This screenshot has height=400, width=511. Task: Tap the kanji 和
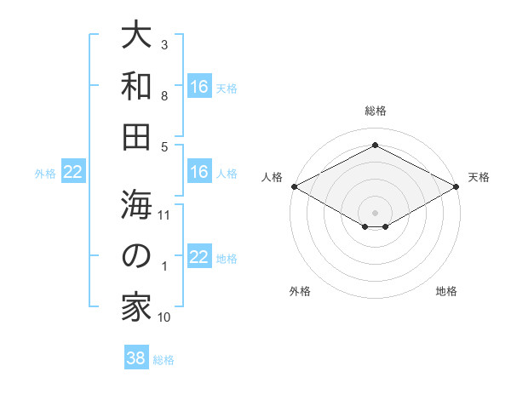coord(136,85)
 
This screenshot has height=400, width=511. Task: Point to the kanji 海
coord(136,205)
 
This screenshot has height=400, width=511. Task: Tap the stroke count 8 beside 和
coord(164,97)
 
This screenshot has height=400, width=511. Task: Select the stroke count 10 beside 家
coord(164,317)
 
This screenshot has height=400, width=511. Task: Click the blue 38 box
coord(135,358)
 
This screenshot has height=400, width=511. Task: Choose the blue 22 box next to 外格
coord(72,173)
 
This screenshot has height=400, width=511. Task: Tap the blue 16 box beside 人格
coord(198,173)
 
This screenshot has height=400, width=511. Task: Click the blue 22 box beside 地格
coord(198,258)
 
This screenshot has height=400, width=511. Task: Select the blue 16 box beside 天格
coord(198,87)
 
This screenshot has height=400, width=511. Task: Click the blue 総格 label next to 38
coord(164,360)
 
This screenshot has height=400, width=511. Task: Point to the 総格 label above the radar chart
coord(375,111)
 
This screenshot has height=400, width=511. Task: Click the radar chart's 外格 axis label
coord(300,291)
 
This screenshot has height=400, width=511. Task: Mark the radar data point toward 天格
coord(457,186)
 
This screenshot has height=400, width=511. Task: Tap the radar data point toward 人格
coord(293,186)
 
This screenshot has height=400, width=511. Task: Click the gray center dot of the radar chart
coord(375,211)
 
